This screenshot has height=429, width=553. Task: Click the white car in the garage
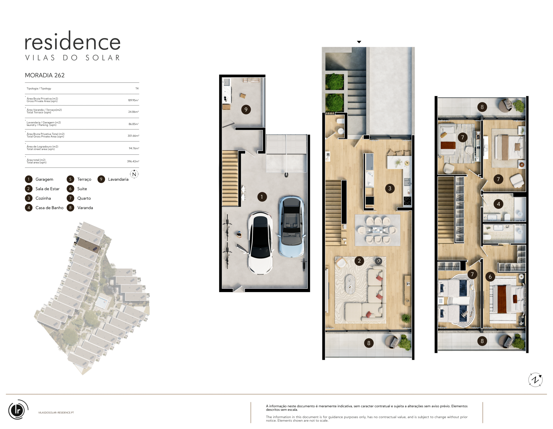point(260,243)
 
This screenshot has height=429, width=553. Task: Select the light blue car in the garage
point(291,227)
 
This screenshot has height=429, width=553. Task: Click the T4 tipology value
point(137,88)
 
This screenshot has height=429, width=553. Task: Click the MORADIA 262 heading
point(44,75)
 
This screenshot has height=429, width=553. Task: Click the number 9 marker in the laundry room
point(246,109)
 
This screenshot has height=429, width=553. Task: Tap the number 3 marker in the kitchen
point(390,188)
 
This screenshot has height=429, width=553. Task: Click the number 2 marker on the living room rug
point(359,261)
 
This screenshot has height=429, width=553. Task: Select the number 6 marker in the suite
point(490,277)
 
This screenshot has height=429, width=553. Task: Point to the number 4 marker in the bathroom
point(498,204)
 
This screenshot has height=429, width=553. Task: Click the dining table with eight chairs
point(377,230)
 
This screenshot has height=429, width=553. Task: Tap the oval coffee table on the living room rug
point(350,284)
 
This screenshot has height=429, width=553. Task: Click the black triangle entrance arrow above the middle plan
point(359,42)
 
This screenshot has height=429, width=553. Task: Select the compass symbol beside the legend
point(134,174)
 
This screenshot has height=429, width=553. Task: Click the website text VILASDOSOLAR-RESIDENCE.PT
point(56,413)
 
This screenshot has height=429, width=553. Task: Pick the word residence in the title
point(73,41)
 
